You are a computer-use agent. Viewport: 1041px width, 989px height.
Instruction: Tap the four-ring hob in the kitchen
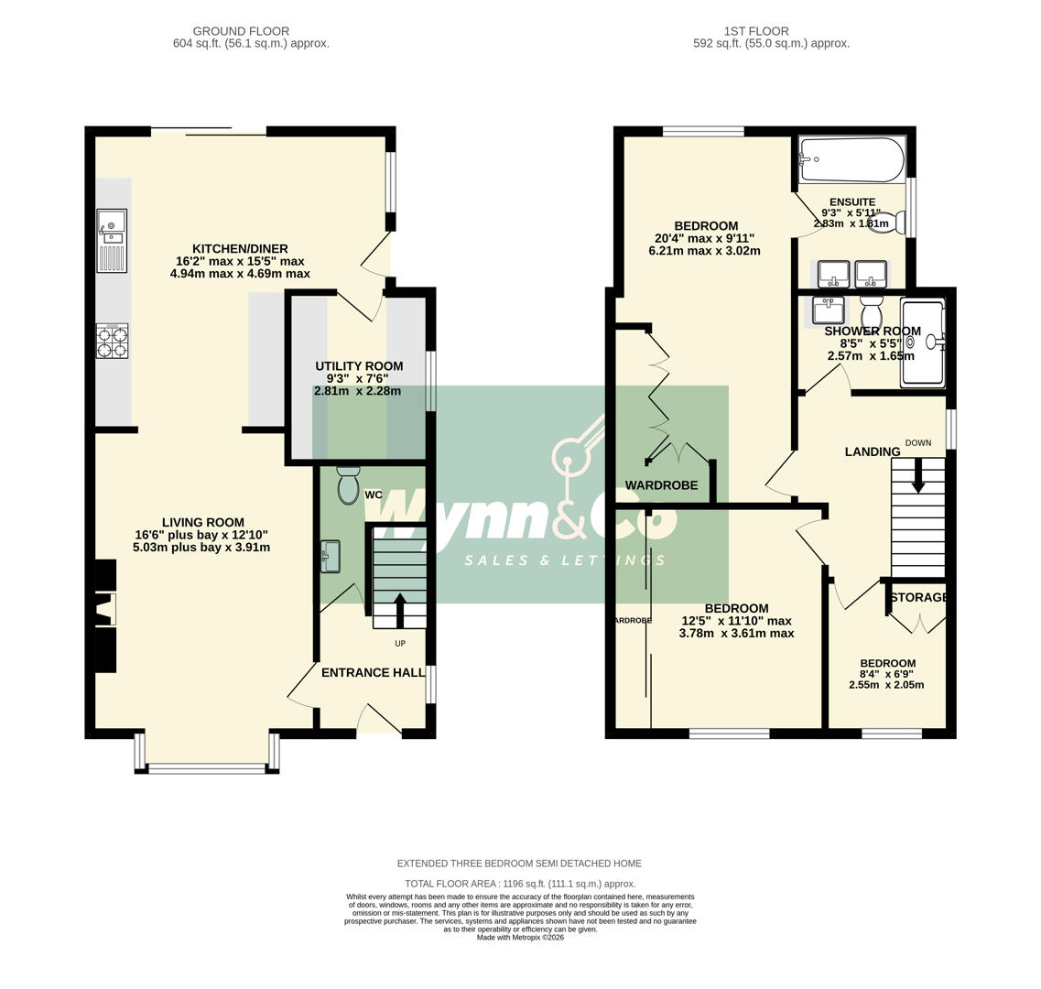pos(112,342)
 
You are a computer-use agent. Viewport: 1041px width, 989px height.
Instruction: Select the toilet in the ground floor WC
pos(348,486)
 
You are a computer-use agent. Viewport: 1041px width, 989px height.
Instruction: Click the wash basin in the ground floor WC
pos(331,557)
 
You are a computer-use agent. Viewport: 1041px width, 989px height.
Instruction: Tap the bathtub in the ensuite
pos(851,160)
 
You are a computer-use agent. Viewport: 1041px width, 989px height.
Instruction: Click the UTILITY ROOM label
pos(359,366)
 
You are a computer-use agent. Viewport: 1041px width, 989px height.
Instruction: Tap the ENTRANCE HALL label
pos(373,673)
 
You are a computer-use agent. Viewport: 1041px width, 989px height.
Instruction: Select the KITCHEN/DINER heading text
pos(240,249)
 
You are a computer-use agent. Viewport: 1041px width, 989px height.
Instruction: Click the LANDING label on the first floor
pos(872,451)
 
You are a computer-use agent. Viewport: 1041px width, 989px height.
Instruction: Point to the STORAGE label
pos(918,598)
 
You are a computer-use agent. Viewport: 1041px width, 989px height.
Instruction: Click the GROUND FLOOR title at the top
pos(241,31)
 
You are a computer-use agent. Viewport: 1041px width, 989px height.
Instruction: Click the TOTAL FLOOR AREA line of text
pos(519,884)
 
